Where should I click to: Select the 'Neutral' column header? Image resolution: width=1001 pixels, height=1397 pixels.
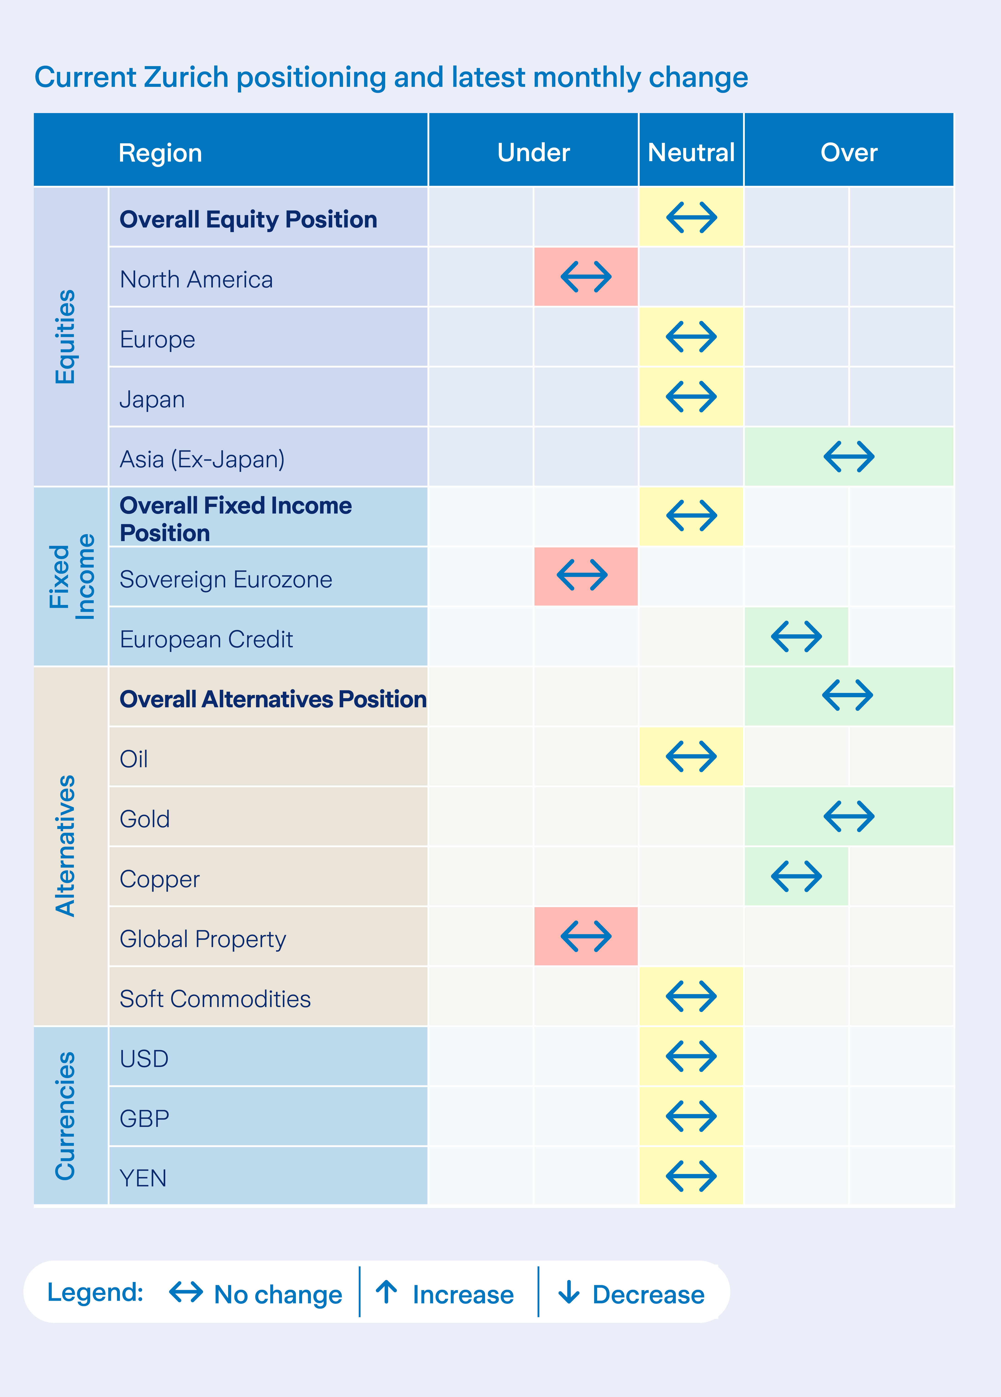(x=691, y=152)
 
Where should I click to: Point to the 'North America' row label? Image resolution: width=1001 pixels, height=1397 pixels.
(x=196, y=280)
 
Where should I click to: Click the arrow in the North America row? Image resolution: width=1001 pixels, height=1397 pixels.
(x=586, y=276)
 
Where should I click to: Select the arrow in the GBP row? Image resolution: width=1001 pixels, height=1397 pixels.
(x=691, y=1116)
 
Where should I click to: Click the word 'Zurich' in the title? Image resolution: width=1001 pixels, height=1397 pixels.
(x=186, y=77)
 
